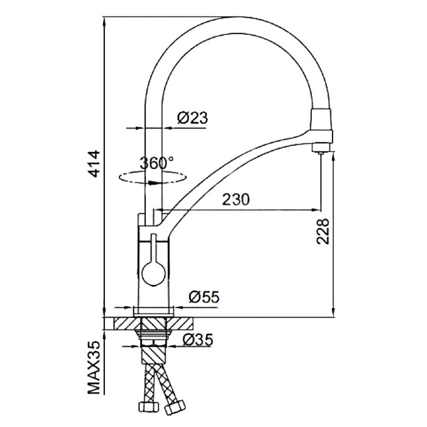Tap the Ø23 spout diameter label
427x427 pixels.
point(193,118)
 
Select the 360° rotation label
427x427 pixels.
point(156,163)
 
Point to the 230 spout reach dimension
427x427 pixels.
point(236,199)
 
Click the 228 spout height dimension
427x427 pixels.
point(323,231)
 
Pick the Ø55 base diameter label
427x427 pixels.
point(204,297)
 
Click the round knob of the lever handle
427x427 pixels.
point(154,273)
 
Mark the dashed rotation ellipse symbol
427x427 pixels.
point(153,177)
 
